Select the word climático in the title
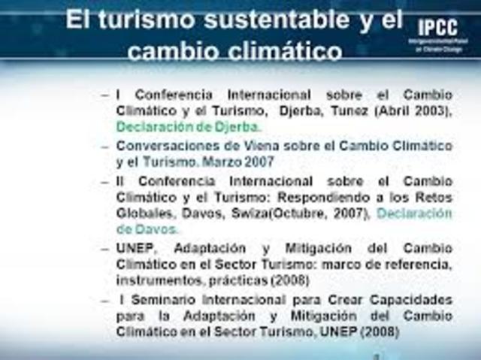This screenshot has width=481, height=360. (284, 52)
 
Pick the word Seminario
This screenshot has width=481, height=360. (167, 300)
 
